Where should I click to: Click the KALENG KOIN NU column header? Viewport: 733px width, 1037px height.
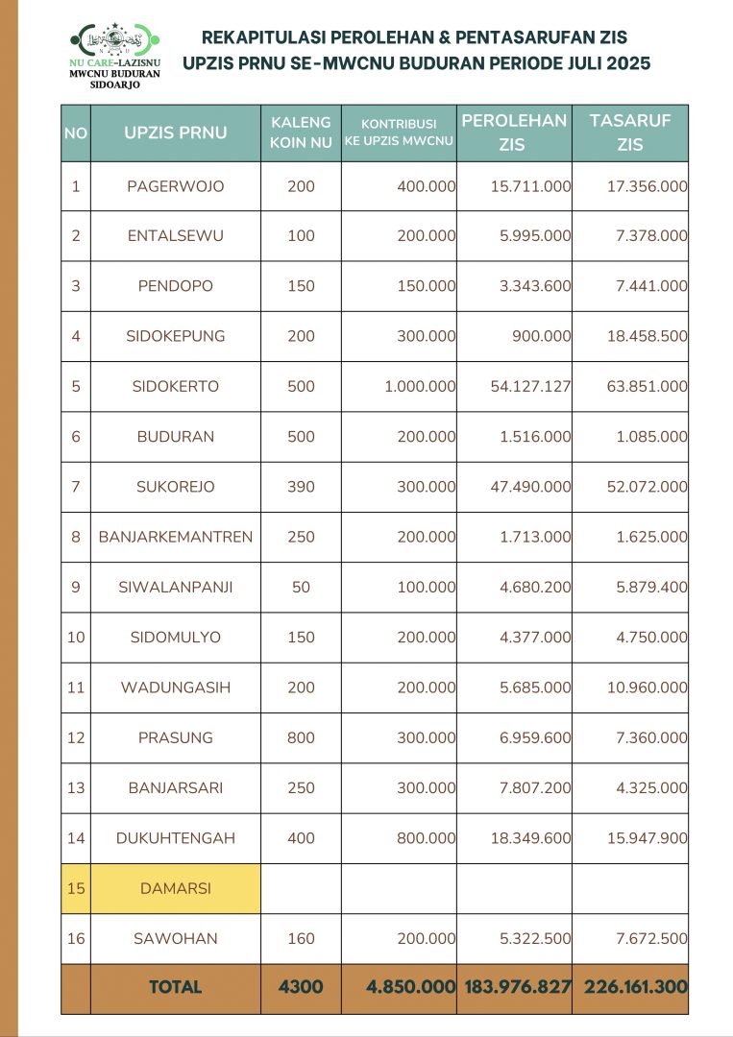point(301,133)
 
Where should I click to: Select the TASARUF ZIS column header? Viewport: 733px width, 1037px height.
point(630,133)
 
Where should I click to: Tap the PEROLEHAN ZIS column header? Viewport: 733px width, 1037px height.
point(514,133)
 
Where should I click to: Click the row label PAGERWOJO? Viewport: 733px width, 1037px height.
point(175,186)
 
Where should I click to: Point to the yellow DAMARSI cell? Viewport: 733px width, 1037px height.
point(175,888)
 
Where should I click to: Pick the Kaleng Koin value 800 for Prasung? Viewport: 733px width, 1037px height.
point(301,737)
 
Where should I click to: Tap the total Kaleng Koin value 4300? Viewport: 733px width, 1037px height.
point(301,986)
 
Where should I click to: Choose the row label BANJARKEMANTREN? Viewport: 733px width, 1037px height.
point(176,537)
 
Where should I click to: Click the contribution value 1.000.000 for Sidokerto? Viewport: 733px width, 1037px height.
point(415,386)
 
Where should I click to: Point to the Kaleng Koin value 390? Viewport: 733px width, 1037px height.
point(301,487)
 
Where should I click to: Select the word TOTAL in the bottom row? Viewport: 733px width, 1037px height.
point(175,987)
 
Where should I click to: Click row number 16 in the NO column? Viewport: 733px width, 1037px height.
point(76,938)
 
